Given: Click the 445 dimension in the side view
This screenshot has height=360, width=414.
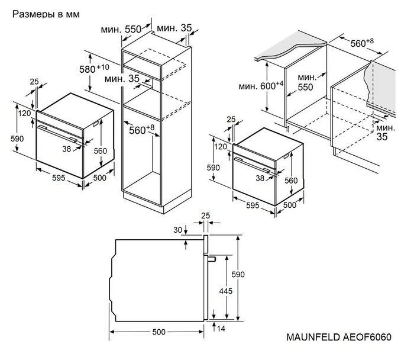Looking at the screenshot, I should coord(225,291).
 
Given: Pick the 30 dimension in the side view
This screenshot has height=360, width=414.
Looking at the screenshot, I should coord(177,230).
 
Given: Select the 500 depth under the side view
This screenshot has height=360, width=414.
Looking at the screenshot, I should coord(159,332).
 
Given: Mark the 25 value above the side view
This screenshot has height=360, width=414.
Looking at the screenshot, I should coord(205,216).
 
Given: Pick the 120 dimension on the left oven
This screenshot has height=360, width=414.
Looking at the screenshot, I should coord(24,113).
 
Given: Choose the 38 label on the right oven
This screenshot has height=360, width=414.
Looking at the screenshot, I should coord(260,177).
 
